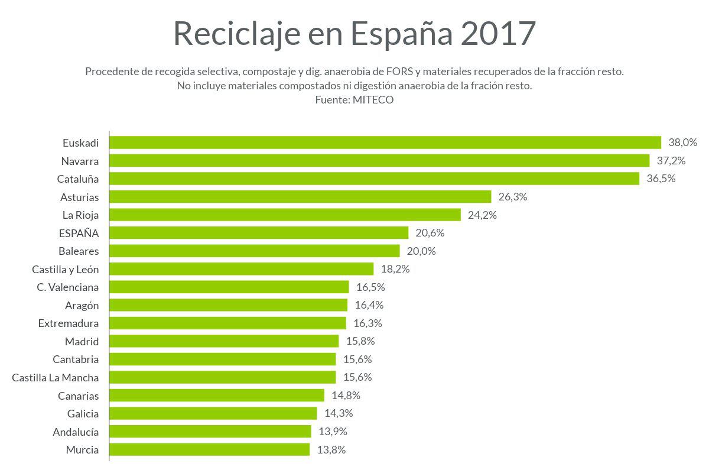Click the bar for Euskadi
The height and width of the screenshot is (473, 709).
pos(385,142)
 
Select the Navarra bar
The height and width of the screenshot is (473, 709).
pos(379,161)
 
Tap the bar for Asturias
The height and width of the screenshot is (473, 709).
pos(300,197)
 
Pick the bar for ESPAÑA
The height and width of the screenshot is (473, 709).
pos(259,233)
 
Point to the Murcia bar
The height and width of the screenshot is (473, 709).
pos(210,449)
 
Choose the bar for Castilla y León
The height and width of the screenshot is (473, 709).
pos(242,269)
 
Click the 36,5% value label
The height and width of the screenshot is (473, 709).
pos(661,179)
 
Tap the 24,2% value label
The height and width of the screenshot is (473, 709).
pos(482,215)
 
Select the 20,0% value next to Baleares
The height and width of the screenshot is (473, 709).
pos(421,251)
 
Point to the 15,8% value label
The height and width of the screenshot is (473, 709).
pos(360,341)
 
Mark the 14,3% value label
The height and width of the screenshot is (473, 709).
pos(339,413)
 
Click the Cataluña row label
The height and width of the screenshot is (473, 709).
pos(78,179)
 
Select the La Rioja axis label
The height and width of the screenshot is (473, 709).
pos(81,215)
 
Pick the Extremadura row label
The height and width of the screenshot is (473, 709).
pos(69,323)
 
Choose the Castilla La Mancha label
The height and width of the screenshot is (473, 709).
pos(56,377)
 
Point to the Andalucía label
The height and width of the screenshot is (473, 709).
pos(76,432)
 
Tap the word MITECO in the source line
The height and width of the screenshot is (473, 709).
pos(373,100)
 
